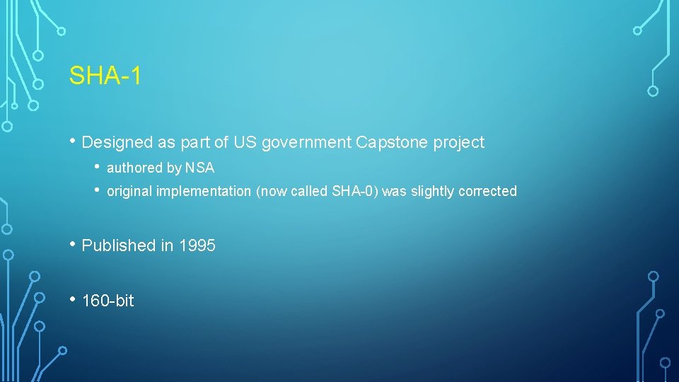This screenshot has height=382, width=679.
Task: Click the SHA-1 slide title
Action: point(105,76)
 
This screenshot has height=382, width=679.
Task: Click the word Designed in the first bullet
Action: point(117,143)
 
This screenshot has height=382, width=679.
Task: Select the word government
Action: point(306,143)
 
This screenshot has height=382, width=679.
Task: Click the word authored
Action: point(134,168)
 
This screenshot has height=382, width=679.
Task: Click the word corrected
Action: point(487,191)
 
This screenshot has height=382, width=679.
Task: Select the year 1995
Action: point(197,245)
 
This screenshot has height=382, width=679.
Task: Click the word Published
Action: point(119,246)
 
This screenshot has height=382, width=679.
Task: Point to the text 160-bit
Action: point(108,301)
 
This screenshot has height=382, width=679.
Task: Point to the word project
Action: point(458,143)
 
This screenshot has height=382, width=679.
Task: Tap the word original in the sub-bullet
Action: point(129,192)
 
